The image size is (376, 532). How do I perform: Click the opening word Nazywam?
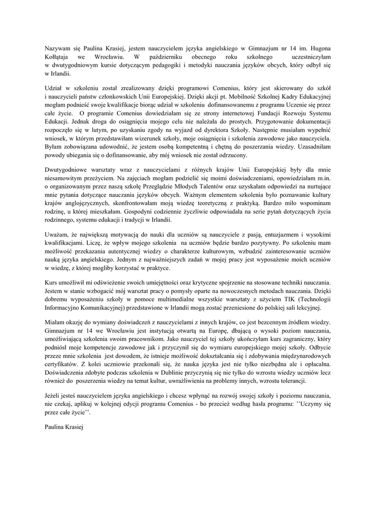coord(58,48)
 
